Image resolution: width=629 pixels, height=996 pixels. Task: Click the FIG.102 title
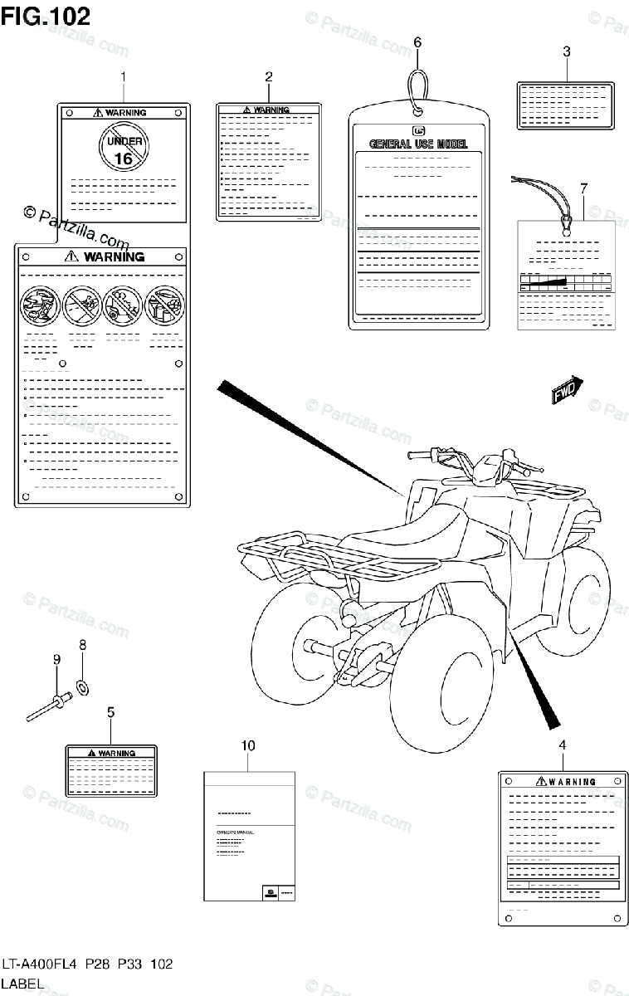coord(46,17)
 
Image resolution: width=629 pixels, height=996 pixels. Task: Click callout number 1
coord(123,77)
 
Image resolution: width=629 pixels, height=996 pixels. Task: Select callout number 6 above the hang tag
coord(417,41)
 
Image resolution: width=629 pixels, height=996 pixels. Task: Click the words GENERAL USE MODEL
coord(417,144)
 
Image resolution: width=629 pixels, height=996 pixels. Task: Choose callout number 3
coord(566,51)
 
